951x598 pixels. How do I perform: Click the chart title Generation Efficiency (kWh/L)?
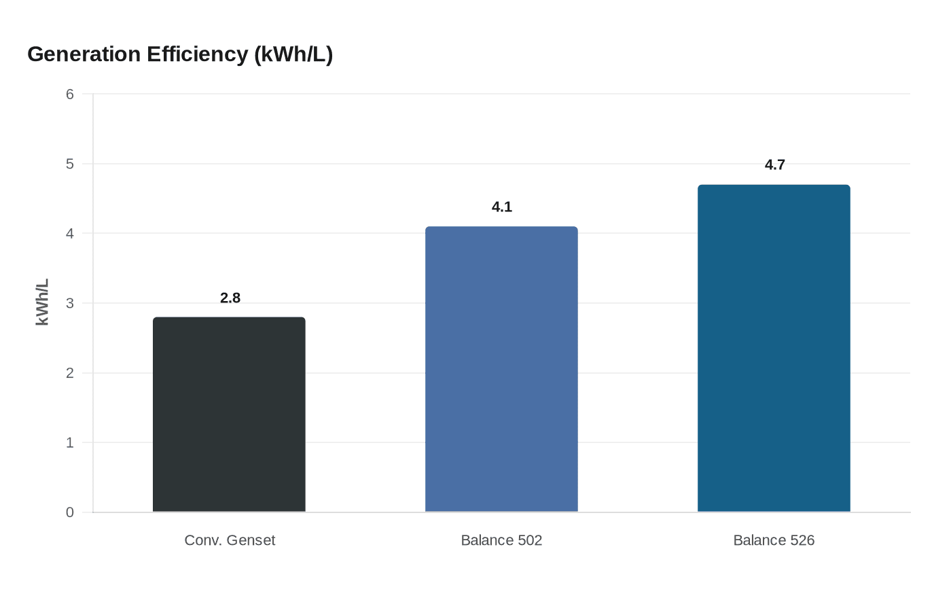pos(180,54)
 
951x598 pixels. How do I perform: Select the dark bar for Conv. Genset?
pos(229,415)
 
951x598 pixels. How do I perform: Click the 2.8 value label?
pos(230,298)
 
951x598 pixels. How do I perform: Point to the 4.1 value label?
pos(502,207)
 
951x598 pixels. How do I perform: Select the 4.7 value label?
pos(774,165)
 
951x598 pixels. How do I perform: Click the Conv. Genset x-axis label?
pos(230,540)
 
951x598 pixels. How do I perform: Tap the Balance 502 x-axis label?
pos(501,540)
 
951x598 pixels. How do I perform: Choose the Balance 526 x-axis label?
pos(774,540)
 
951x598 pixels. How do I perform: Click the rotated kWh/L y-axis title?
pos(42,302)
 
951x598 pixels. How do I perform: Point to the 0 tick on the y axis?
pos(70,512)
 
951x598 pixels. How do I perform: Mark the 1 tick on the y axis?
pos(70,443)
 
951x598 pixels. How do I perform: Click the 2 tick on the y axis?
pos(70,373)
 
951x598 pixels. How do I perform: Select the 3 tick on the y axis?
pos(70,303)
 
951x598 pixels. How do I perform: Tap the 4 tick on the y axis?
pos(70,234)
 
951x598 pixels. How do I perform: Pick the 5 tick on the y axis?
pos(70,164)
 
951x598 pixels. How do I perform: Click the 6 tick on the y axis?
pos(70,94)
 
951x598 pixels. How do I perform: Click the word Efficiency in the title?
pos(198,54)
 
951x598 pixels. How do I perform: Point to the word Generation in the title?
pos(84,54)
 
